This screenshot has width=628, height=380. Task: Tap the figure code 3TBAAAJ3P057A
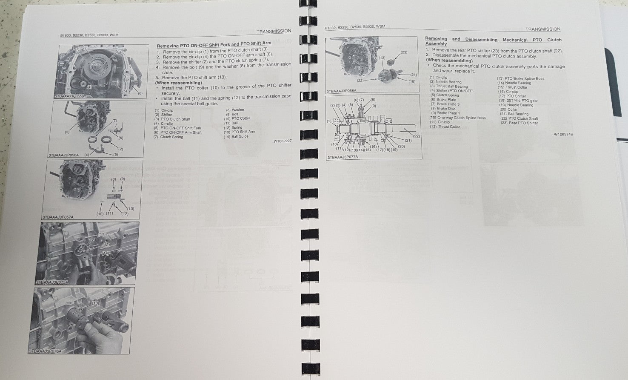58,217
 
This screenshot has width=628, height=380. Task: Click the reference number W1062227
283,141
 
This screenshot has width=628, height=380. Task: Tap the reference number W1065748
563,134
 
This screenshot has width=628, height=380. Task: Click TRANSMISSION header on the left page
274,31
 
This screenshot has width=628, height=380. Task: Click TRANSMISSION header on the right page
542,29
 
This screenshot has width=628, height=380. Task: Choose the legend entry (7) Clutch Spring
168,137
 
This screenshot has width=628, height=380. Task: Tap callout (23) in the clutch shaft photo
404,52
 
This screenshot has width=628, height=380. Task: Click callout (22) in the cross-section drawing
416,136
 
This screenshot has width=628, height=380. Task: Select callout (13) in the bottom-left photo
95,303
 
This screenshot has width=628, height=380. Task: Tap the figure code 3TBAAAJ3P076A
46,351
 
